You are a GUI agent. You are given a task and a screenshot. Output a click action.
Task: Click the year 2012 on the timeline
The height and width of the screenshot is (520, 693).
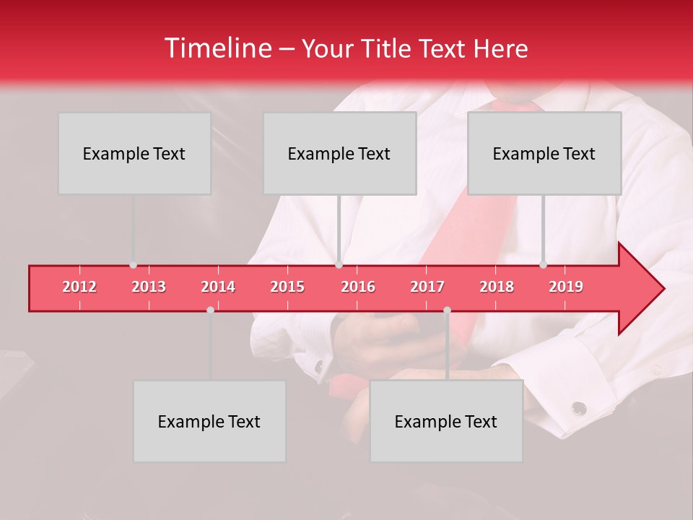point(79,287)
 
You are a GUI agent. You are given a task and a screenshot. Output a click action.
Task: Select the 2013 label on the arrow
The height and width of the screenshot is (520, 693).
point(149,287)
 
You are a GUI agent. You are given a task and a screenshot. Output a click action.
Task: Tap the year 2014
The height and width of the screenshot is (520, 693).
point(218,287)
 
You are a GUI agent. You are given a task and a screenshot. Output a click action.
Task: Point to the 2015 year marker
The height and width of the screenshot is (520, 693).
point(287,287)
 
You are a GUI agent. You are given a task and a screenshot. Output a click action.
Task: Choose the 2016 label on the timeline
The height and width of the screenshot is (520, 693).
point(358,287)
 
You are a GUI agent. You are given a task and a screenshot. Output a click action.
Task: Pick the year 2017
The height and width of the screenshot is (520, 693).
point(427,287)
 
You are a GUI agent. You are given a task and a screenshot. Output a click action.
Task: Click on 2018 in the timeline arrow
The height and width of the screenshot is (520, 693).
point(497,287)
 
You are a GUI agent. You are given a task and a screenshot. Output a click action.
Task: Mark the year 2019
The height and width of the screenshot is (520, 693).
point(566,287)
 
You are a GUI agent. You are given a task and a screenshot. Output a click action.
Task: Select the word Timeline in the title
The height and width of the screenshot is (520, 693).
point(217,48)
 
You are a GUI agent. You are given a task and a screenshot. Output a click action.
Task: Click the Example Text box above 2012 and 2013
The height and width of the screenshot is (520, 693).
point(134,153)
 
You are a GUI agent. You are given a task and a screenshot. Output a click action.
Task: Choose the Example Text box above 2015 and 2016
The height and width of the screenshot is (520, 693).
point(339,153)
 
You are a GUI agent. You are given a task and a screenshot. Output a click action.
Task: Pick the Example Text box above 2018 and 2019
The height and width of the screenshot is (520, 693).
point(544,153)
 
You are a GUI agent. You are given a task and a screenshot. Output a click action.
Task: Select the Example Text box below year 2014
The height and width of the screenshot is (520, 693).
point(209,421)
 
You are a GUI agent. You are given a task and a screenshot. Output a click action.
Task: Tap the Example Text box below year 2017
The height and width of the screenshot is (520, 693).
point(446,421)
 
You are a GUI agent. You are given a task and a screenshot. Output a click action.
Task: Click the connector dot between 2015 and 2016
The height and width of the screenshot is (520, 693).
point(339,265)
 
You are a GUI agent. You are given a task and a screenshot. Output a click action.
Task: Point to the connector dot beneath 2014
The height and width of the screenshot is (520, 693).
point(210,310)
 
